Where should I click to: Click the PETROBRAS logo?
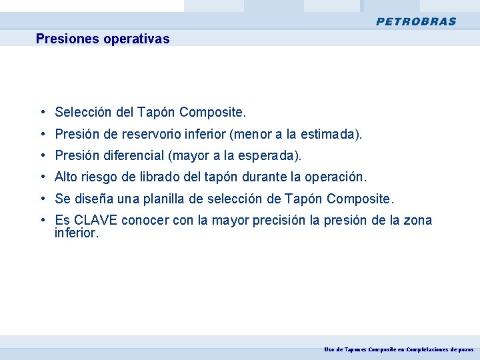coord(416,21)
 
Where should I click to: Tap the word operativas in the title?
coord(136,39)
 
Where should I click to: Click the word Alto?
coord(66,177)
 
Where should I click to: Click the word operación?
coord(335,177)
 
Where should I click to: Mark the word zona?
coord(418,220)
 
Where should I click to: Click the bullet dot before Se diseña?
coord(42,199)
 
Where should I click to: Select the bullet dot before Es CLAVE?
coord(42,220)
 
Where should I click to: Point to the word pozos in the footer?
coord(465,349)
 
